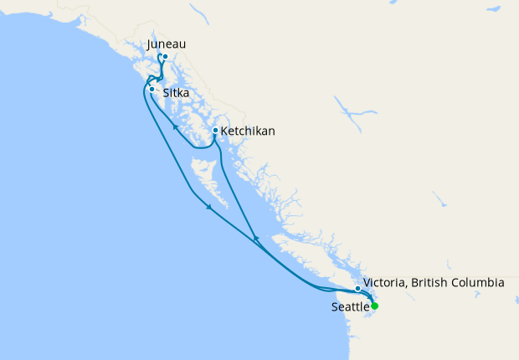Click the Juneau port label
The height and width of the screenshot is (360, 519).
(x=166, y=44)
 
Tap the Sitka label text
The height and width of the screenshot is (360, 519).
(x=177, y=95)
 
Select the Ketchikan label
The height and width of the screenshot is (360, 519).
(x=248, y=131)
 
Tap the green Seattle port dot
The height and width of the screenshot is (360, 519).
(x=375, y=306)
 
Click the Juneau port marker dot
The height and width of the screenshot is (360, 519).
(x=166, y=57)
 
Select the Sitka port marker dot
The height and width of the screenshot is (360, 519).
(x=152, y=88)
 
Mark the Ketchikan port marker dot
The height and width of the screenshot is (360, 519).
(x=215, y=131)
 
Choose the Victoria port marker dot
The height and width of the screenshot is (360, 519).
(x=358, y=289)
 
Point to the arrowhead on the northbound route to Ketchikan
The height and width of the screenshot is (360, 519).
(x=255, y=240)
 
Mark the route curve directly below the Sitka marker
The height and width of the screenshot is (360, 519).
(x=149, y=100)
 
